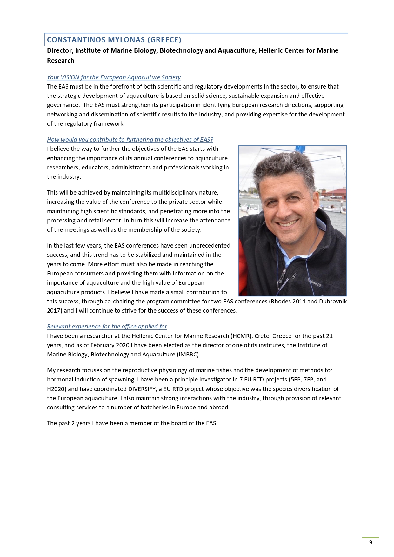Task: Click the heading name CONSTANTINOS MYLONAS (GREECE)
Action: point(114,40)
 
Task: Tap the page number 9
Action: point(371,542)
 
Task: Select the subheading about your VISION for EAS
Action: point(114,77)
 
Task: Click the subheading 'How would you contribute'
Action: point(130,139)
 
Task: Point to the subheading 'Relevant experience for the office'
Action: point(107,326)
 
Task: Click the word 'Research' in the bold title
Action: point(60,60)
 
